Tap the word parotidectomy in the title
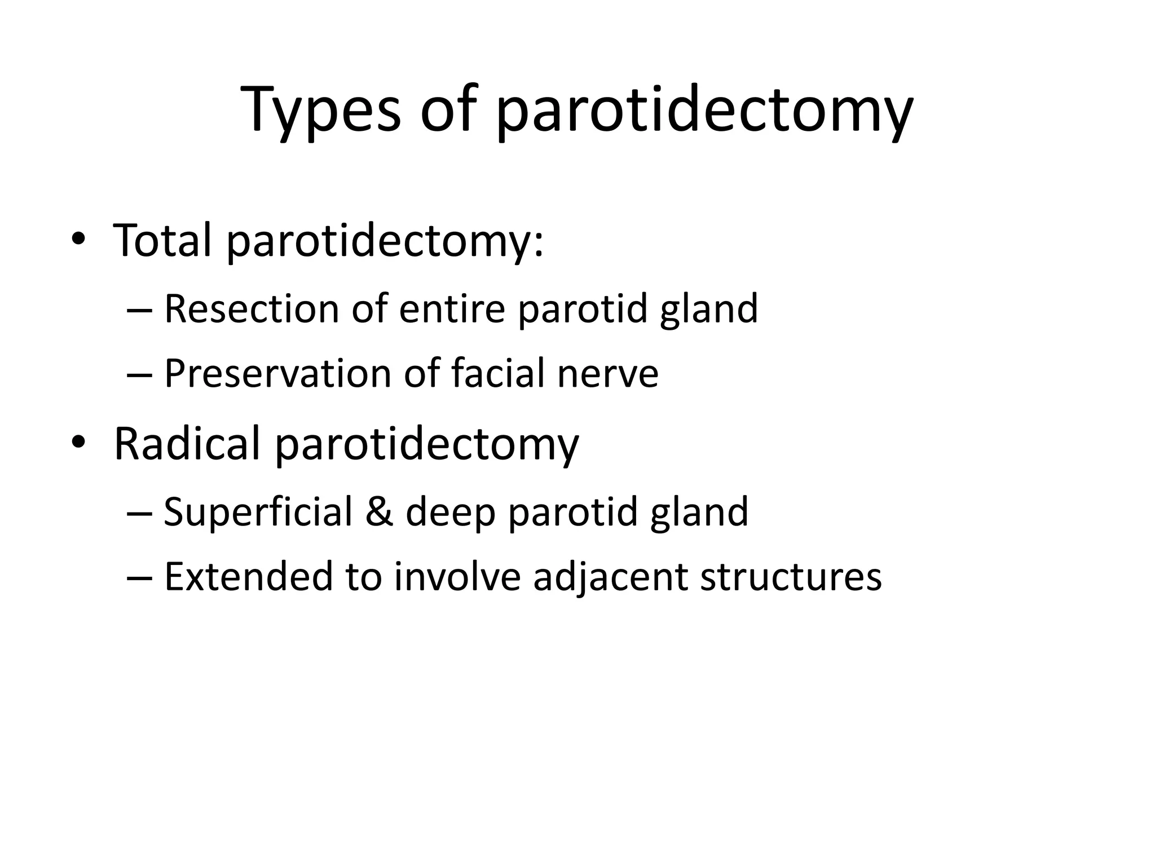(x=704, y=110)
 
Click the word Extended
(x=248, y=577)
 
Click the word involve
(x=457, y=577)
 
